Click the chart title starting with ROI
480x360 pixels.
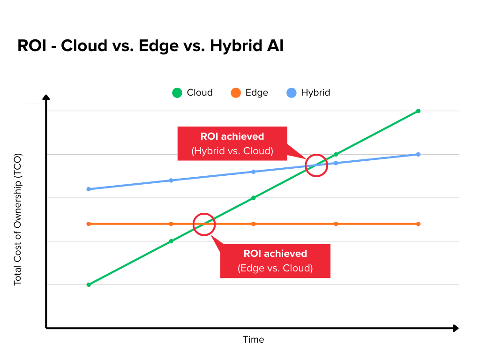tap(150, 46)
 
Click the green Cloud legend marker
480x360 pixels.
tap(177, 93)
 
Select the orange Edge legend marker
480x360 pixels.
tap(235, 93)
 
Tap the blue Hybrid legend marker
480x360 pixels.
tap(291, 93)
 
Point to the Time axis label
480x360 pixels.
tap(253, 339)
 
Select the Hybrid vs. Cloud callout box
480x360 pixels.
tap(232, 143)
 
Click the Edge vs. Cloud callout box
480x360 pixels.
tap(275, 261)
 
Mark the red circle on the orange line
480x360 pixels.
tap(204, 224)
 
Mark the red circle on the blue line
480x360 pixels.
tap(316, 165)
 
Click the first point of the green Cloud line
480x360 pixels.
tap(89, 285)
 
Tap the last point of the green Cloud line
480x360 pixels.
tap(418, 111)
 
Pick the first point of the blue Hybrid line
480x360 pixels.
tap(89, 189)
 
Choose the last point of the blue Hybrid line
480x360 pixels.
tap(418, 154)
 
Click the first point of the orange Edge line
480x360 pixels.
tap(89, 224)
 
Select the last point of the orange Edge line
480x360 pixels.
tap(418, 224)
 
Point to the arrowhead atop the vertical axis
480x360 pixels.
tap(46, 97)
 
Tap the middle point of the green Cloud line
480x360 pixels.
tap(254, 198)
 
